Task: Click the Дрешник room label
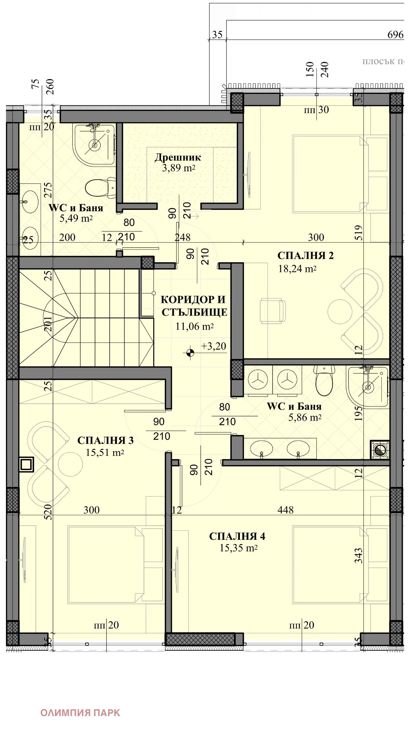(x=178, y=157)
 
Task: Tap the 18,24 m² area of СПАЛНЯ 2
(x=297, y=269)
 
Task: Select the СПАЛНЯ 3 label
(x=105, y=440)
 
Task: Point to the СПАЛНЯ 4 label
(x=237, y=536)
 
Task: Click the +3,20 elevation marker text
(x=214, y=346)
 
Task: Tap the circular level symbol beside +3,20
(x=190, y=352)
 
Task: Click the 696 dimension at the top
(x=395, y=35)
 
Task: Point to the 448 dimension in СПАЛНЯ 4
(x=285, y=510)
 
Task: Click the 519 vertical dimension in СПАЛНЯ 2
(x=358, y=233)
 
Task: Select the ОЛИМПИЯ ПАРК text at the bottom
(x=80, y=712)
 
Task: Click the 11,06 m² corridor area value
(x=194, y=326)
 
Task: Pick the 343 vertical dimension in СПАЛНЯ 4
(x=358, y=556)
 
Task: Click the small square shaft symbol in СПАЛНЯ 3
(x=26, y=464)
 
